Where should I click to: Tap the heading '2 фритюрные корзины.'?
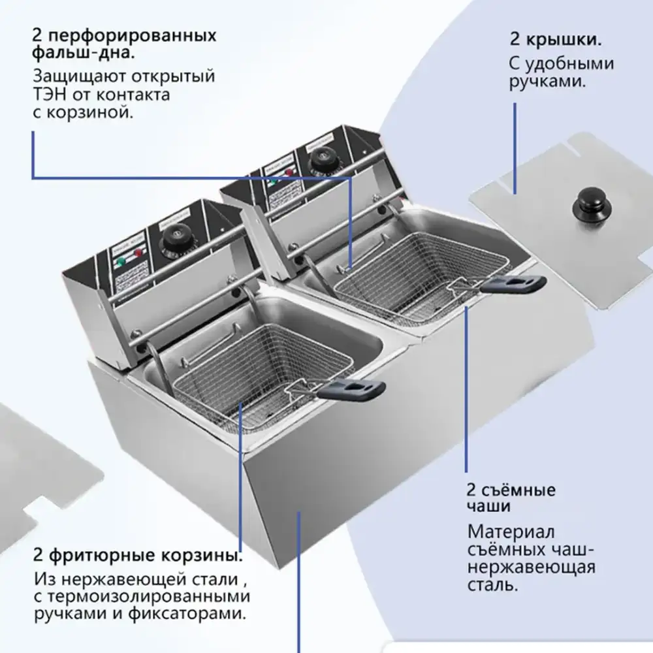[138, 556]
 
